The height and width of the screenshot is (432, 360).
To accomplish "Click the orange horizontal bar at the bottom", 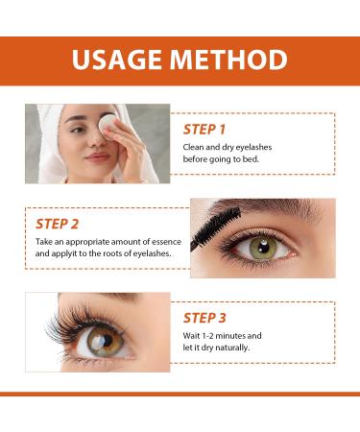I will [x=180, y=393].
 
